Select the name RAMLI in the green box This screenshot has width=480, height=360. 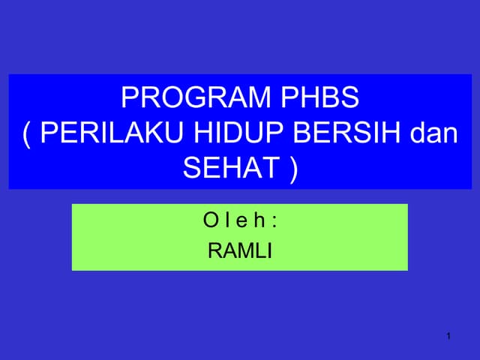239,250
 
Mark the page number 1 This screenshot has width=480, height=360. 448,334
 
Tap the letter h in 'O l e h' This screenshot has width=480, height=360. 259,222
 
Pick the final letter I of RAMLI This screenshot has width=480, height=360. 268,250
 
